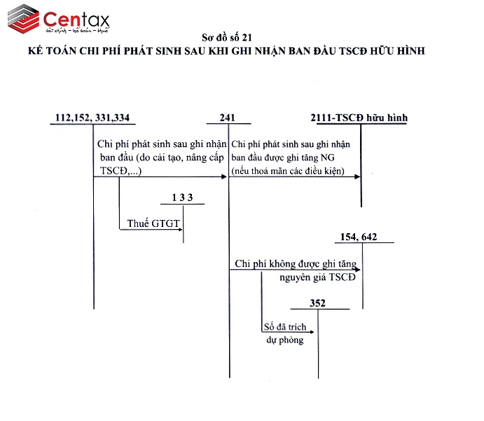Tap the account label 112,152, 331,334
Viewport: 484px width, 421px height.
pos(92,118)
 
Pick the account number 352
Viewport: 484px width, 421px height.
pos(319,304)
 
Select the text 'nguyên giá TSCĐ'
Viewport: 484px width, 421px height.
pos(317,278)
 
